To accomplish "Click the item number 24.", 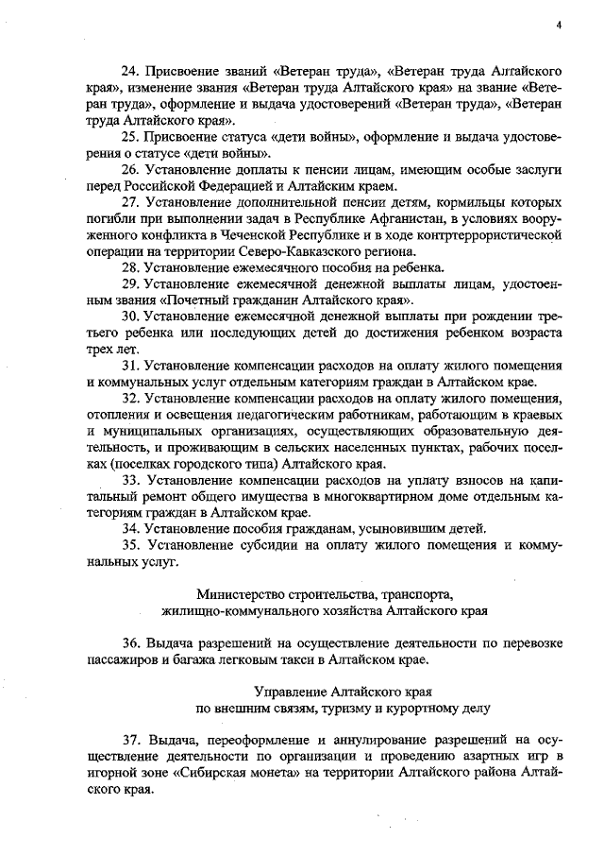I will (131, 72).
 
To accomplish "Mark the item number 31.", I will (131, 367).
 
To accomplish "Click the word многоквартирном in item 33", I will (366, 497).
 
